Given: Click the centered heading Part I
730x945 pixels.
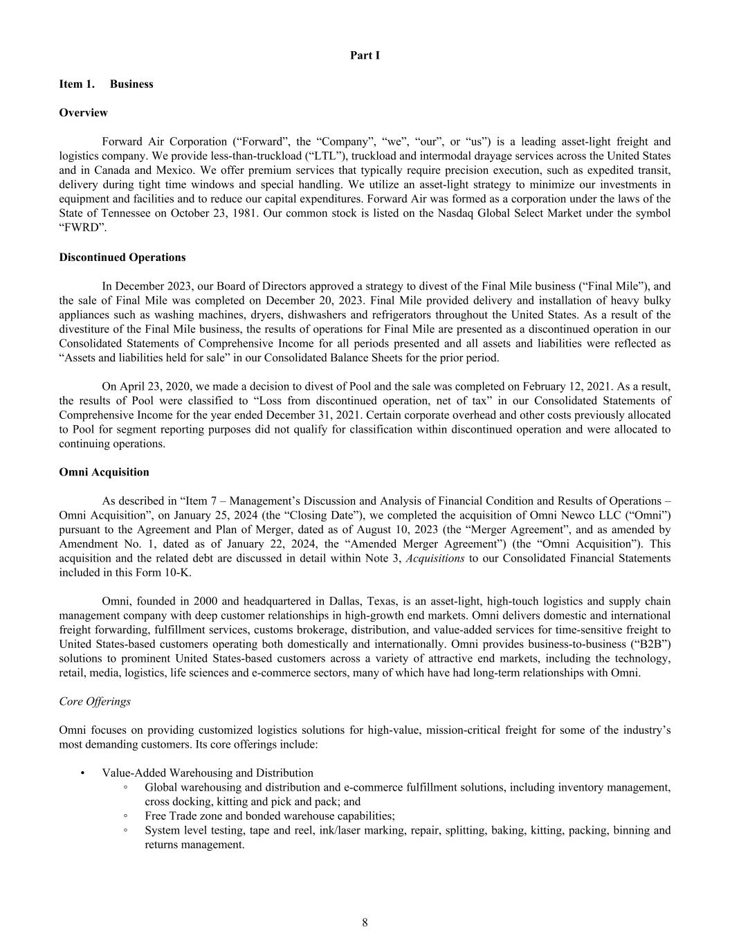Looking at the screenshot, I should point(365,55).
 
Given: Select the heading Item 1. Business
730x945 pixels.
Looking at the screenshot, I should point(106,84).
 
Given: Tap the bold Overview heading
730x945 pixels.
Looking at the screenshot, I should point(83,113).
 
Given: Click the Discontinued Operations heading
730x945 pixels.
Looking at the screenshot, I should point(122,258).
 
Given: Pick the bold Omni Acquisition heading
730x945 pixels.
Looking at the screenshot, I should point(104,472).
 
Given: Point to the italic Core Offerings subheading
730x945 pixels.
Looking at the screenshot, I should point(95,701).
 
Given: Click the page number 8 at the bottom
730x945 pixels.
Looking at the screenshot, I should point(365,922).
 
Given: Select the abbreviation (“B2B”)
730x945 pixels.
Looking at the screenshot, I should point(650,645).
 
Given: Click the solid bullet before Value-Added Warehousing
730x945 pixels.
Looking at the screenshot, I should point(82,773).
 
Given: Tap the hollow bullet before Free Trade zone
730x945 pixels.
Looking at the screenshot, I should point(125,816).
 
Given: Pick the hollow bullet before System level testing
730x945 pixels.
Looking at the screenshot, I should point(125,831).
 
